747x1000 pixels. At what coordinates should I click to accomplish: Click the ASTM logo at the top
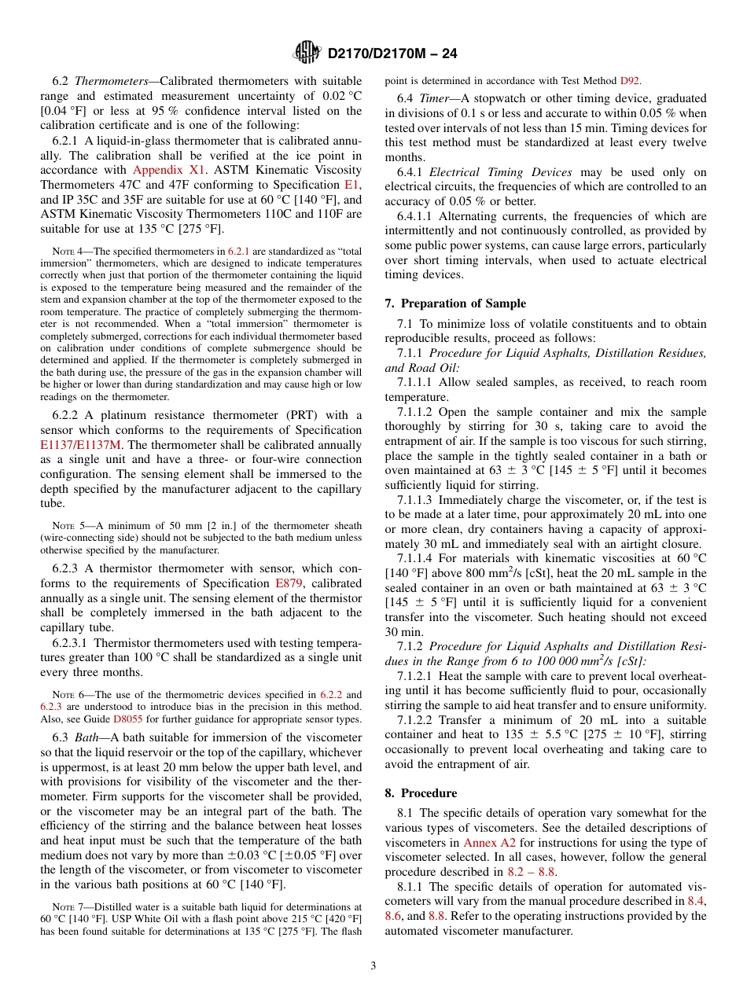point(307,53)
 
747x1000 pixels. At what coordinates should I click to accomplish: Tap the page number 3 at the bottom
point(373,965)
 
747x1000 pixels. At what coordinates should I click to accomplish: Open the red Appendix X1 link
point(169,170)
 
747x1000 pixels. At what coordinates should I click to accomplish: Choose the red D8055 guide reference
point(127,719)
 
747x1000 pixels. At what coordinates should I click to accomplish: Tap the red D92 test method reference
point(629,80)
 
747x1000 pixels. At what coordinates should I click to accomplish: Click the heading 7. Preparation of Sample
point(455,303)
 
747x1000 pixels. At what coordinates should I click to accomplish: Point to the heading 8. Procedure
point(421,793)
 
